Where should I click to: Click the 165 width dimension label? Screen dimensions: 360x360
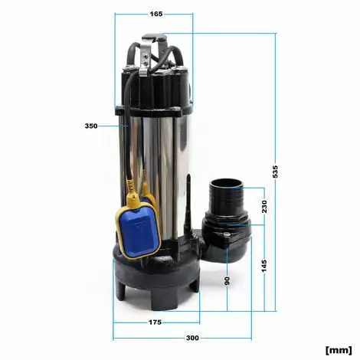[x=156, y=14]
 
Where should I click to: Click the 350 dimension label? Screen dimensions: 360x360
[x=91, y=126]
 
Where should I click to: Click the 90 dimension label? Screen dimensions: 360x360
[x=227, y=280]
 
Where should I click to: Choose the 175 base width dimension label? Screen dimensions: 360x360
[x=155, y=322]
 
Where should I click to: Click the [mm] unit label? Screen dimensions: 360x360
[x=339, y=349]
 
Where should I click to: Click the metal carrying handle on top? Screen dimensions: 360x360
[x=156, y=42]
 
